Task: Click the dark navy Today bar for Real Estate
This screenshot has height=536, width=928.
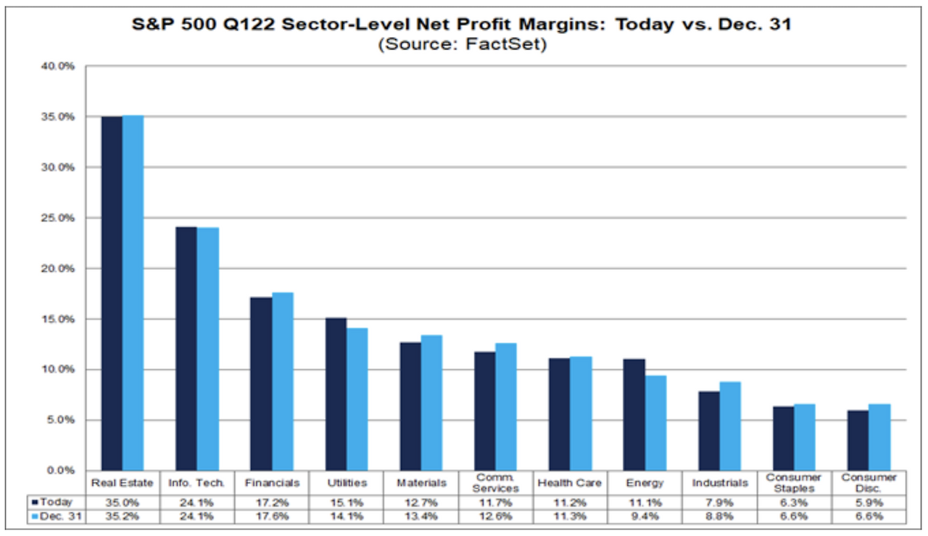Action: click(x=112, y=294)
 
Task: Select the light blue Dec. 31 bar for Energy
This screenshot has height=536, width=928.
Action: click(x=656, y=423)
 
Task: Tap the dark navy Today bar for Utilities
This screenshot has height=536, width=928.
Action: click(x=336, y=395)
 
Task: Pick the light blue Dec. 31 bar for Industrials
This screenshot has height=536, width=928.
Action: click(x=730, y=426)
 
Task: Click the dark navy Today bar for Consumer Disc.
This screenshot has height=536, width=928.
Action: click(x=858, y=441)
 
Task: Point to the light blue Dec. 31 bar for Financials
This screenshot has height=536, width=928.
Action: click(x=283, y=382)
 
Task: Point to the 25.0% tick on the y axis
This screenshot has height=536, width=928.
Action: click(x=57, y=218)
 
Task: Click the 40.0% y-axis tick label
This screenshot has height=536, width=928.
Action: click(x=57, y=66)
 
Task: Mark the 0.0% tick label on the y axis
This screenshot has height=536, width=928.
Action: click(x=60, y=471)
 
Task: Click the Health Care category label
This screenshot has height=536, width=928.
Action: click(x=570, y=483)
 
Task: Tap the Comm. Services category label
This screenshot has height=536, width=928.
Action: click(x=495, y=483)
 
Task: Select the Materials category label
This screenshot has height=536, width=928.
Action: click(x=421, y=483)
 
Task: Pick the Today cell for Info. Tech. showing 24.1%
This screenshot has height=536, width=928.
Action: click(x=196, y=503)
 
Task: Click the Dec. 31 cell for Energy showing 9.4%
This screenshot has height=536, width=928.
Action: click(x=645, y=516)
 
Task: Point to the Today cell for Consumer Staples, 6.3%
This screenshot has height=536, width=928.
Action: click(x=794, y=503)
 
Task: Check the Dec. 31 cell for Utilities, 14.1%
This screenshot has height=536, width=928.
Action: click(x=347, y=516)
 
